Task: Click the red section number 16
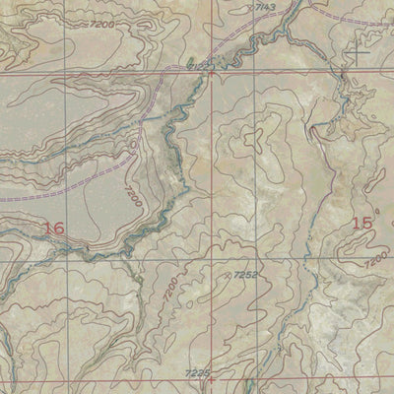(x=53, y=228)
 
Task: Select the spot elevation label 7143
(x=265, y=7)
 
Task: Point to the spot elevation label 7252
(x=245, y=275)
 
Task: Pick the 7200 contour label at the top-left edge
(x=101, y=22)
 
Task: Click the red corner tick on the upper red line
(x=210, y=72)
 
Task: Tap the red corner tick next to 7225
(x=210, y=378)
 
